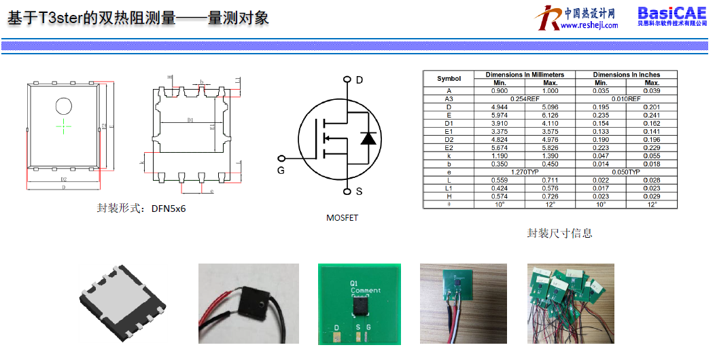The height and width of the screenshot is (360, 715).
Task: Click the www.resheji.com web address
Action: coord(589,26)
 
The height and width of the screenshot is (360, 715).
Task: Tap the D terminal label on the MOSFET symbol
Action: coord(360,80)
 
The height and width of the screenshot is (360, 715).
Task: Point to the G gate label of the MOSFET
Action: coord(280,170)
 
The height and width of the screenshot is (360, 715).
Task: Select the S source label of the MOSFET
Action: coord(359,192)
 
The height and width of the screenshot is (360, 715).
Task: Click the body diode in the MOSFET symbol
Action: coord(368,138)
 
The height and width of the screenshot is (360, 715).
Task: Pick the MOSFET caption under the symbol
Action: coord(342,218)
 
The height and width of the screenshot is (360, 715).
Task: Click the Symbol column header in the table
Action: coord(449,79)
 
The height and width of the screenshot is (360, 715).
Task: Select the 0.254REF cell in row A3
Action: coord(525,99)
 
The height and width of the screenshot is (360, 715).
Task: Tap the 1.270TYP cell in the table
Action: coord(525,172)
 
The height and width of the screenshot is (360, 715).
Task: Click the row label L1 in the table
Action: coord(449,188)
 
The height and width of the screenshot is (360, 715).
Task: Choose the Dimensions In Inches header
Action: coord(626,75)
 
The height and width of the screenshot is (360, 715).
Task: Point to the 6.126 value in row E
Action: coord(550,115)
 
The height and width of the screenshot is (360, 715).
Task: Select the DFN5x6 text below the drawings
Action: coord(169,209)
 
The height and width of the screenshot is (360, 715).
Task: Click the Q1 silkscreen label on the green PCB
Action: coord(353,283)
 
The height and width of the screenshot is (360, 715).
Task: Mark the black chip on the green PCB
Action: coord(360,307)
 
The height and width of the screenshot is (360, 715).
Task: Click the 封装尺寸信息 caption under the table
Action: coord(559,233)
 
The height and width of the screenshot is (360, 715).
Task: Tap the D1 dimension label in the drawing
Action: coord(191,121)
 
